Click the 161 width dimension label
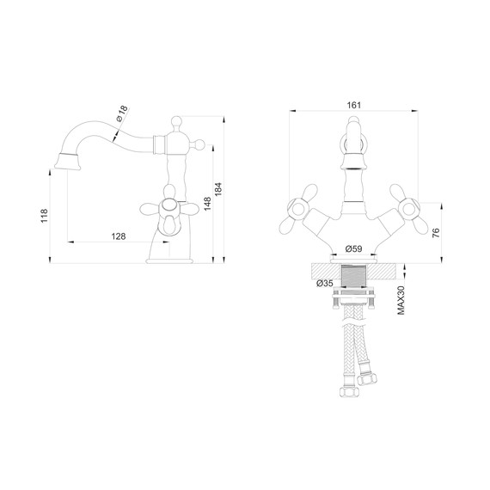pos(354,105)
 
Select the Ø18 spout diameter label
pos(122,113)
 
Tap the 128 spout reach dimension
pos(119,236)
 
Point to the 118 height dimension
pos(45,215)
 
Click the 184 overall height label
pos(218,189)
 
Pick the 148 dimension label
pos(207,204)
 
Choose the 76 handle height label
pos(436,233)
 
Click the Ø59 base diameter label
pos(354,248)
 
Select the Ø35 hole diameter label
pos(325,283)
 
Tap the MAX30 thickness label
pos(401,300)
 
